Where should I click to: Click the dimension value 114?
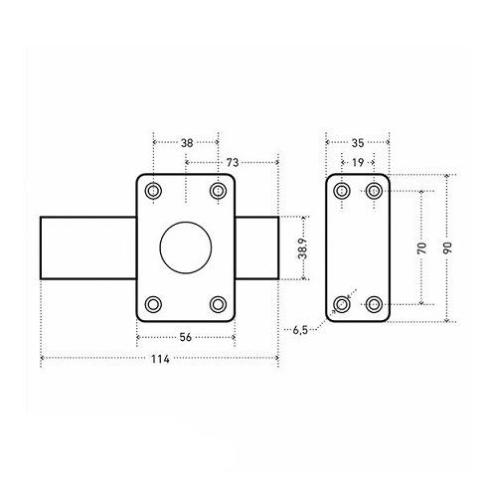coord(160,359)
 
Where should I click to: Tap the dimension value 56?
coord(186,337)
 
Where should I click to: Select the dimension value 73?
coord(233,163)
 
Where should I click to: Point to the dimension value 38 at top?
coord(187,143)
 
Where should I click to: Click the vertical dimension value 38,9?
coord(302,248)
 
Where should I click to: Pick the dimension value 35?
coord(358,143)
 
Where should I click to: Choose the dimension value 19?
coord(358,163)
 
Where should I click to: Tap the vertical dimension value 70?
coord(422,248)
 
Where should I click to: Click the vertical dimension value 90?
coord(447,248)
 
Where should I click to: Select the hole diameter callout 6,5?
coord(300,330)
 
